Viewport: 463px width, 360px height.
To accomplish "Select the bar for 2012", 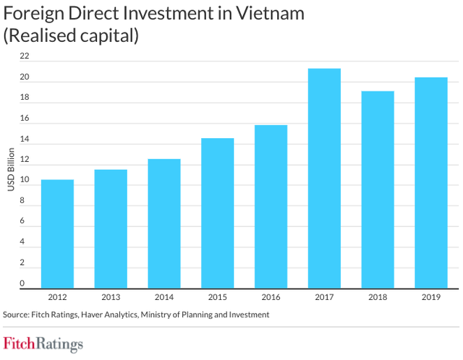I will click(57, 233).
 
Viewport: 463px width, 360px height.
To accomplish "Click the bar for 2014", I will click(164, 223).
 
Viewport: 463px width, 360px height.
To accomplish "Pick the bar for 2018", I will click(378, 189).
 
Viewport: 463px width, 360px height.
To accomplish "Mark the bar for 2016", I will click(271, 206).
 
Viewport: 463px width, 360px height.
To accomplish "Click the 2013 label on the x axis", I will click(111, 297).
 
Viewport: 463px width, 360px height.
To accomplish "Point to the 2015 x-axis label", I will click(217, 297).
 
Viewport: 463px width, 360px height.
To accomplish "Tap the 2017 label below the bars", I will click(324, 297).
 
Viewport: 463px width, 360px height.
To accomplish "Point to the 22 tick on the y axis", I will click(25, 56).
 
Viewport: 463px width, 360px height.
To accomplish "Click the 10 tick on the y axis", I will click(25, 180).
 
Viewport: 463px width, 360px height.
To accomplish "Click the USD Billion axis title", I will click(11, 170).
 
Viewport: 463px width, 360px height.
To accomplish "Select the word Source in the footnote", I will click(19, 314).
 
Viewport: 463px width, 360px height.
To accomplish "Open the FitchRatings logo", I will click(43, 343).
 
